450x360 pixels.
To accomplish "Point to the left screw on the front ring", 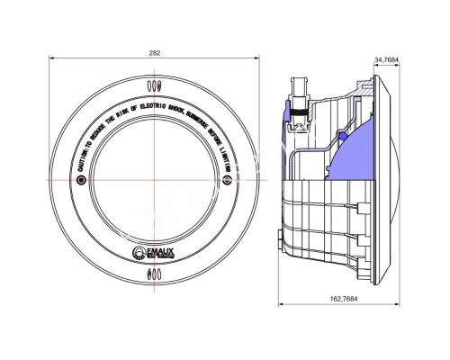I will [x=82, y=180].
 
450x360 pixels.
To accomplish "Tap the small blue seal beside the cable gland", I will [x=287, y=112].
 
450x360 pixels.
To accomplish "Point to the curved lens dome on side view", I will [x=400, y=180].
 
